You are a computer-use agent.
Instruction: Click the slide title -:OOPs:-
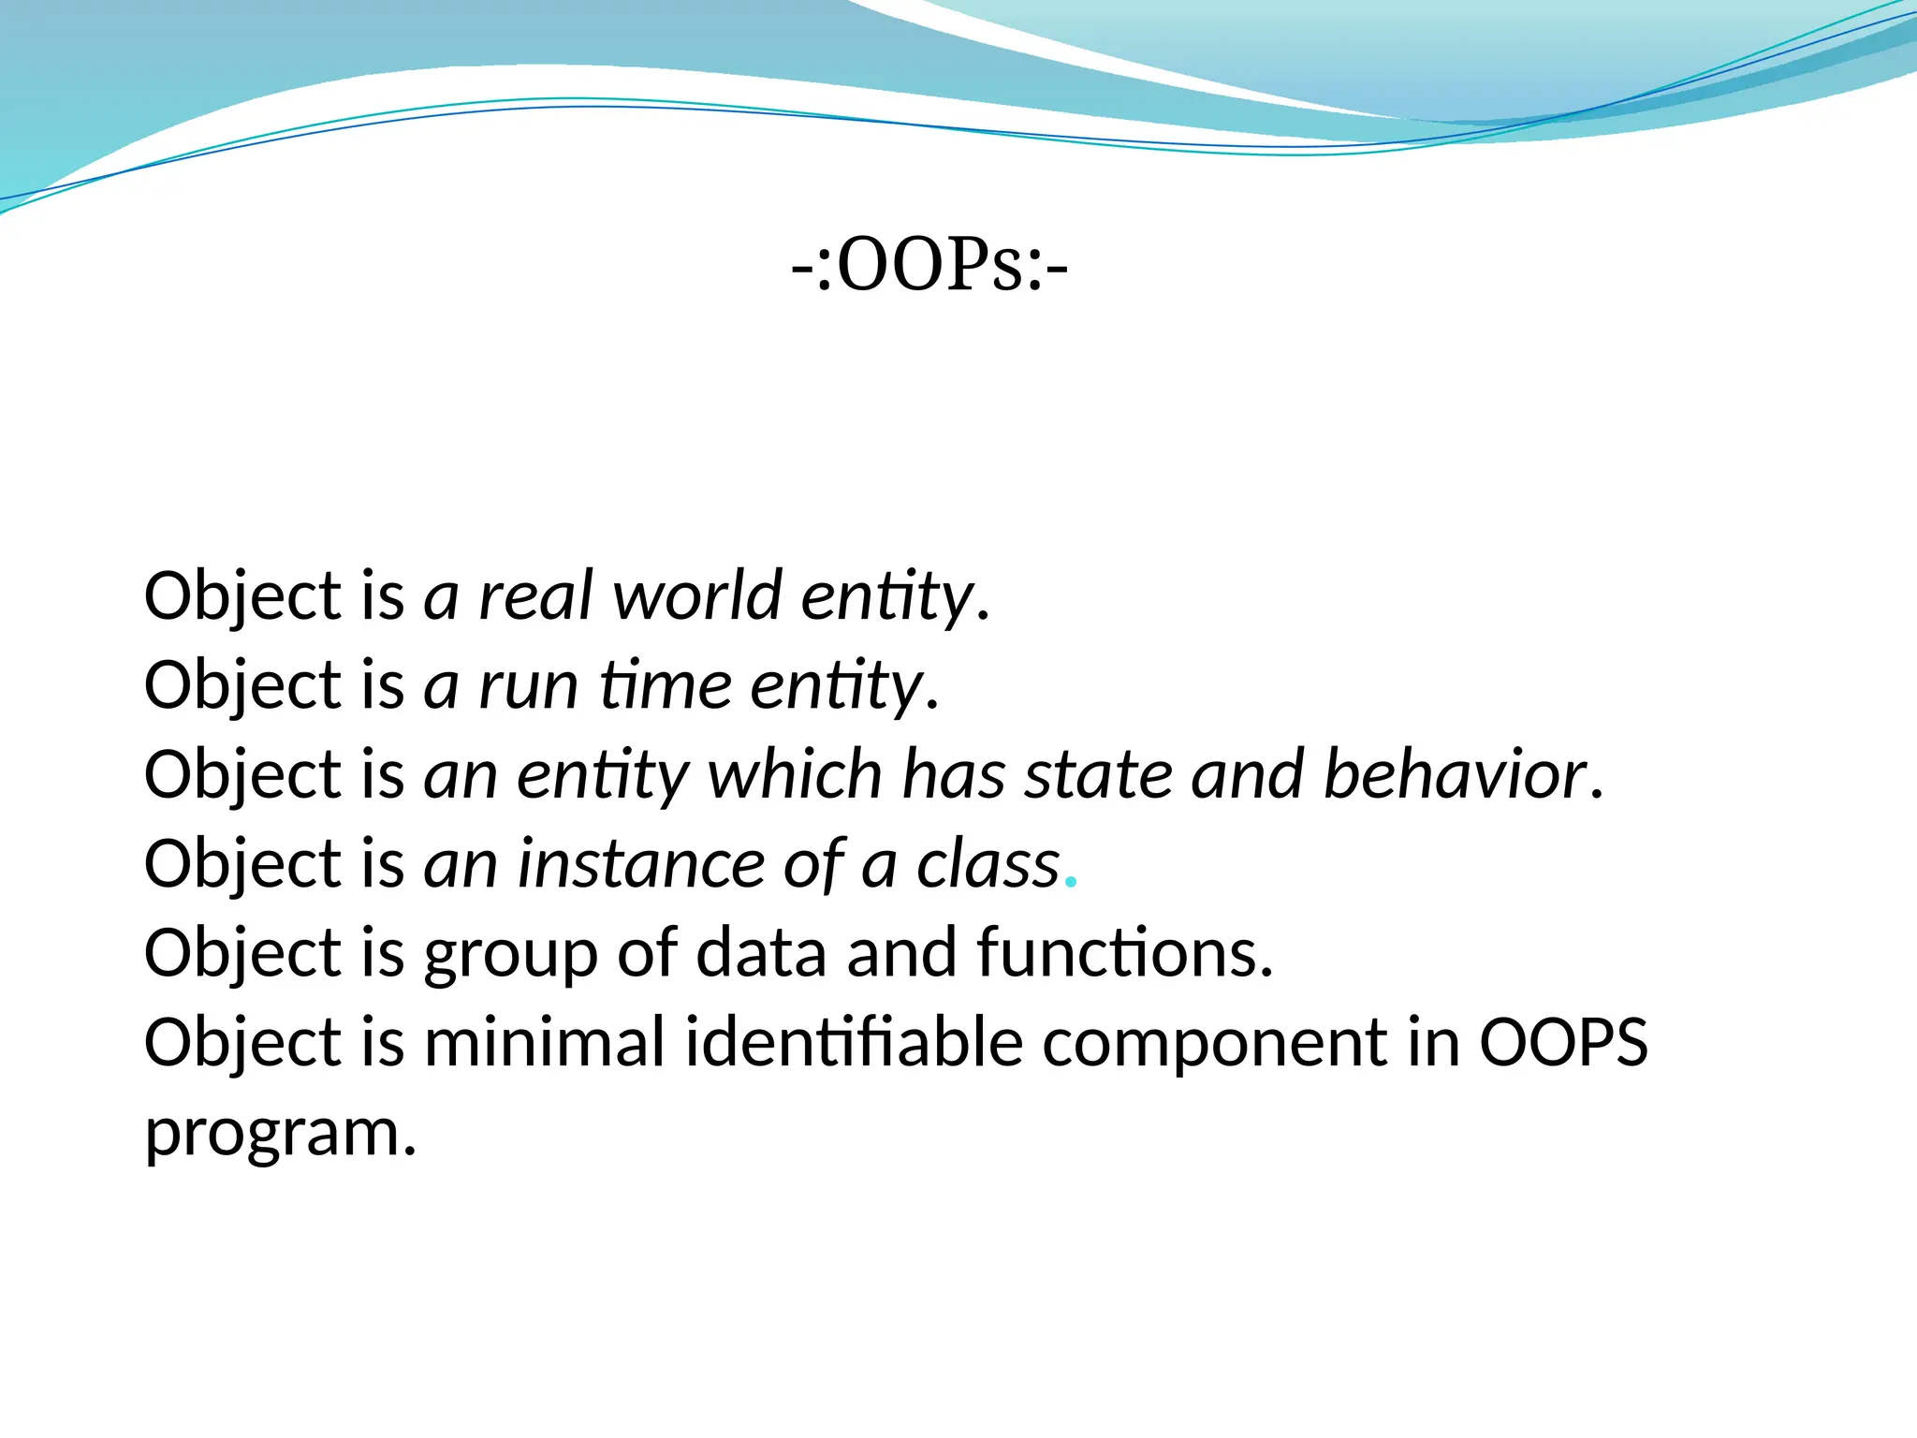coord(929,266)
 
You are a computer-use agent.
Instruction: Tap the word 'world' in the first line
coord(696,595)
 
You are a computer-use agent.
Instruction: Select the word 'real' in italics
coord(535,595)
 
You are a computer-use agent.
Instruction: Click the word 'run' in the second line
coord(528,685)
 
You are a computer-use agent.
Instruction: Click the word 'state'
coord(1098,775)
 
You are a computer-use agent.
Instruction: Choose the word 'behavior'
coord(1456,775)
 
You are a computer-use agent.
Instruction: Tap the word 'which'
coord(795,775)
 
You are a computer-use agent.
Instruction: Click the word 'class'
coord(988,864)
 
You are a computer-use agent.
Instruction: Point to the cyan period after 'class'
coord(1073,882)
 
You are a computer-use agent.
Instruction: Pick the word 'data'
coord(761,953)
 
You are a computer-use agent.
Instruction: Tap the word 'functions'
coord(1124,953)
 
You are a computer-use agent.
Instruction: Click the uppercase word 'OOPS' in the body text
coord(1563,1042)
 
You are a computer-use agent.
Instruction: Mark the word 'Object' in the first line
coord(242,597)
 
